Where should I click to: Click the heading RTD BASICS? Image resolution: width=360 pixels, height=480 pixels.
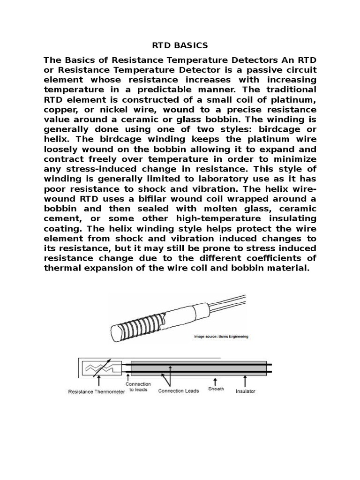click(x=180, y=45)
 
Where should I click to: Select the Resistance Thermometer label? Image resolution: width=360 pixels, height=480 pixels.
click(x=97, y=391)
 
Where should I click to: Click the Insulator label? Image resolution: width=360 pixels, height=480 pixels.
click(x=246, y=391)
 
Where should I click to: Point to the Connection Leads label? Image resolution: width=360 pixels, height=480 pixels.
click(x=179, y=390)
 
